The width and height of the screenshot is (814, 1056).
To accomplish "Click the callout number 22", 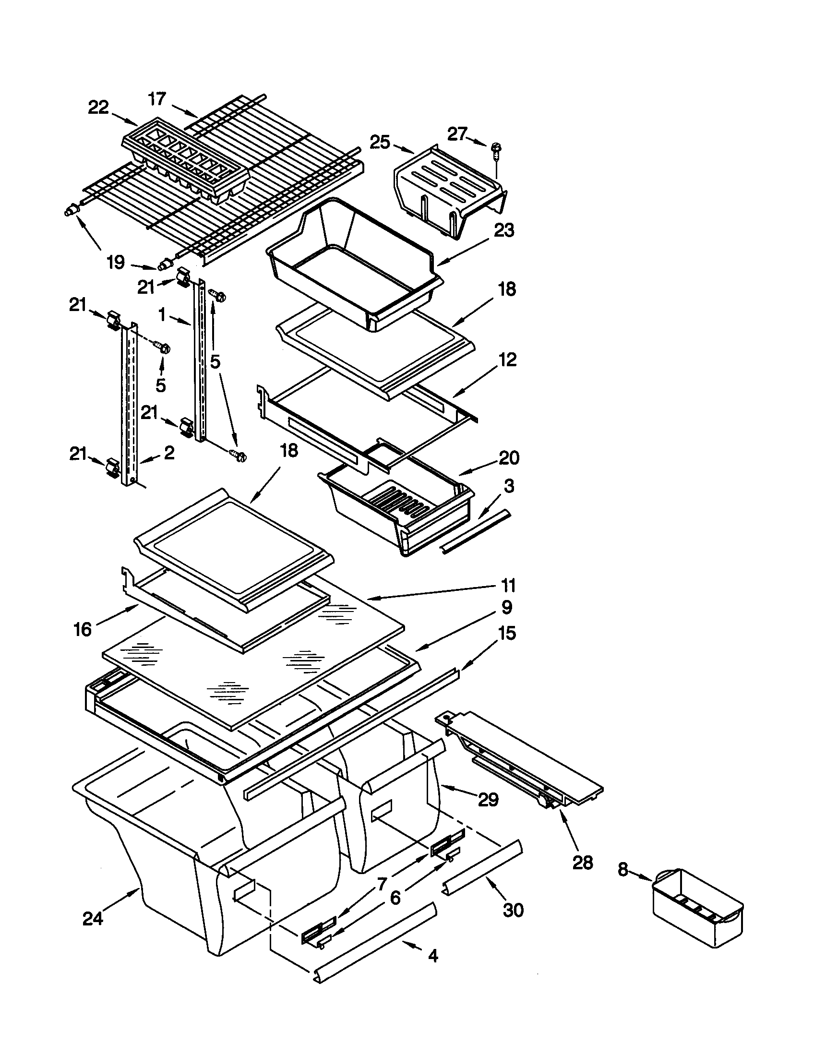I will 98,108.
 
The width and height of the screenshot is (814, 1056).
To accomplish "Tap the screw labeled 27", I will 496,147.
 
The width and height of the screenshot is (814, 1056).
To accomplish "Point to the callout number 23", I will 503,230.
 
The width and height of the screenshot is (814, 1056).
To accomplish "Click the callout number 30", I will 513,911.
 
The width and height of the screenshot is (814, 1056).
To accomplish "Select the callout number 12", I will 506,360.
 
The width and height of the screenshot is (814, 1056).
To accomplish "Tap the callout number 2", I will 168,453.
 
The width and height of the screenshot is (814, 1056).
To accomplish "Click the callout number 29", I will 488,800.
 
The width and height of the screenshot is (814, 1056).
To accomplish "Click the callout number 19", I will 116,263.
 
